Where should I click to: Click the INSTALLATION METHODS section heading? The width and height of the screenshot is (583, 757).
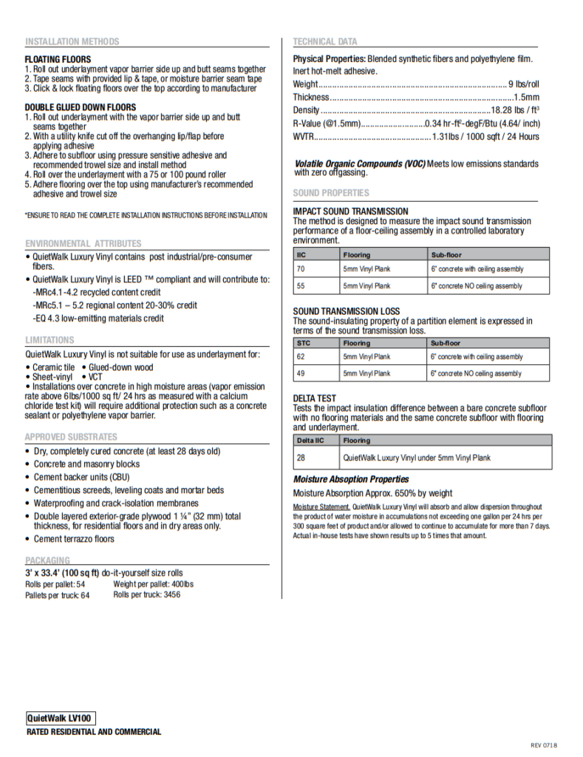pyautogui.click(x=72, y=42)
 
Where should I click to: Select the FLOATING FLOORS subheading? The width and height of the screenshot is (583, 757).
pyautogui.click(x=58, y=59)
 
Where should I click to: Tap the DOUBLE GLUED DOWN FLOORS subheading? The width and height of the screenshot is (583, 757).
pyautogui.click(x=81, y=107)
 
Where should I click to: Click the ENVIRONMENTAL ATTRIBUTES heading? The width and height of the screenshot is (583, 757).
pyautogui.click(x=83, y=243)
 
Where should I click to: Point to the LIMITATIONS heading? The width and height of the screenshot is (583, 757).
pyautogui.click(x=50, y=340)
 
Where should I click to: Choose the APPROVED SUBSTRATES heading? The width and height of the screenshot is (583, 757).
pyautogui.click(x=71, y=437)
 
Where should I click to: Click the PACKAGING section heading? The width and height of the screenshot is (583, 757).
pyautogui.click(x=47, y=560)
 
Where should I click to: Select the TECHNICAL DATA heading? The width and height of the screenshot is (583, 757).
pyautogui.click(x=325, y=42)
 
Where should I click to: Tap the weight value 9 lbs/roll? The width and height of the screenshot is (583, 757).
pyautogui.click(x=524, y=84)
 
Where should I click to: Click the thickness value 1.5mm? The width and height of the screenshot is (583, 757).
pyautogui.click(x=527, y=98)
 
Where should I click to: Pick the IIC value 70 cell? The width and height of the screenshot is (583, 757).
pyautogui.click(x=301, y=269)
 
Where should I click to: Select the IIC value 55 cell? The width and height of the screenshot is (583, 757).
pyautogui.click(x=301, y=286)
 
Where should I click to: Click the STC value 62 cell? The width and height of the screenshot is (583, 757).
pyautogui.click(x=301, y=357)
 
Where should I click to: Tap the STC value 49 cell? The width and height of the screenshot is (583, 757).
pyautogui.click(x=301, y=374)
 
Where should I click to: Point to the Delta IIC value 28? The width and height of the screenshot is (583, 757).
pyautogui.click(x=301, y=458)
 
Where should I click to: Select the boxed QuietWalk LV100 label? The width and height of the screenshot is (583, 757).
pyautogui.click(x=61, y=718)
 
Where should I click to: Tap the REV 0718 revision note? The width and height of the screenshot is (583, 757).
pyautogui.click(x=544, y=744)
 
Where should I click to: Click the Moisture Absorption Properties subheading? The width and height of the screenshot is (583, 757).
pyautogui.click(x=351, y=480)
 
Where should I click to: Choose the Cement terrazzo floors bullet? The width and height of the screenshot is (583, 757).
pyautogui.click(x=74, y=539)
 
